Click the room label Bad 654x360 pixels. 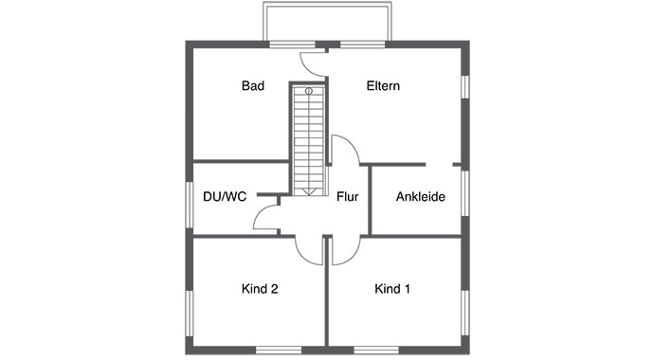point(252,86)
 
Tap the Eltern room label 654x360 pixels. point(384,86)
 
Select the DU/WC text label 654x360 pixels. point(224,197)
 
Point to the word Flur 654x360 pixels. point(347,197)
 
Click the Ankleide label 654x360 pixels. point(419,197)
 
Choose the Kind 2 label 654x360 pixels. point(260,288)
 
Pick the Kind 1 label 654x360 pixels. point(392,288)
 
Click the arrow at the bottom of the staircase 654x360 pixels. point(309,190)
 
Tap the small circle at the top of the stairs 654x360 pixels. point(309,91)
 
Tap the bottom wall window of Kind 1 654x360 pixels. point(374,348)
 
